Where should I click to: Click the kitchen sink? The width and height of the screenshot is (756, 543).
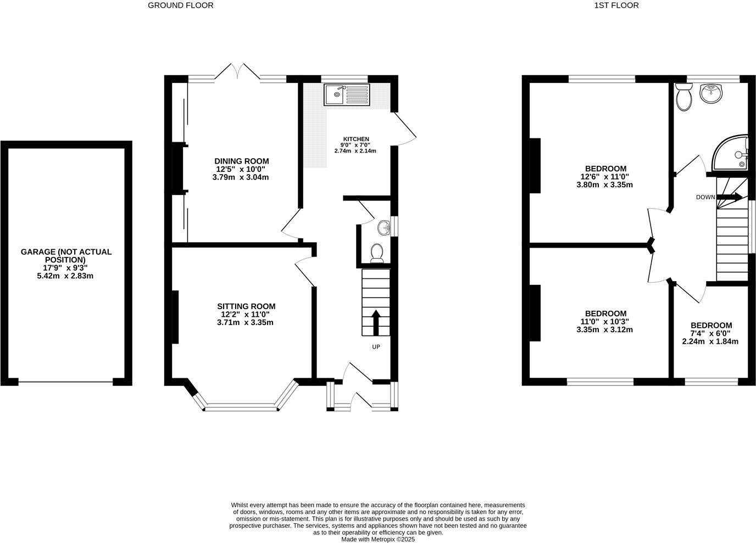pyautogui.click(x=347, y=94)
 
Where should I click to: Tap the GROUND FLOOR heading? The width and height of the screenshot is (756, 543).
pyautogui.click(x=181, y=5)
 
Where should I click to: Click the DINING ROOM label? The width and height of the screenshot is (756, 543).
pyautogui.click(x=241, y=161)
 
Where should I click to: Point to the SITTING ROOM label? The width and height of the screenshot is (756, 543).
pyautogui.click(x=246, y=306)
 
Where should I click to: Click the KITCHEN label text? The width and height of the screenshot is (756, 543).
pyautogui.click(x=356, y=139)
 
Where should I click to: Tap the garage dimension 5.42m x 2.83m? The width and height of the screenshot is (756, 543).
pyautogui.click(x=66, y=276)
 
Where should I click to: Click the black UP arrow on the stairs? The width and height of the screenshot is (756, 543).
pyautogui.click(x=376, y=323)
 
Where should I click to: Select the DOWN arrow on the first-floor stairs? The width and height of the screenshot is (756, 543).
pyautogui.click(x=729, y=197)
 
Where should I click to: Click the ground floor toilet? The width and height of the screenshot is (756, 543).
pyautogui.click(x=377, y=253)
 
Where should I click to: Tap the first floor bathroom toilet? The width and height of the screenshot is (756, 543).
pyautogui.click(x=683, y=98)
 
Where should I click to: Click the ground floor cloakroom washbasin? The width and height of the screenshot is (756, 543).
pyautogui.click(x=383, y=226)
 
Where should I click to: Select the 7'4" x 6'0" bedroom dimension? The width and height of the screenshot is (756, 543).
pyautogui.click(x=710, y=333)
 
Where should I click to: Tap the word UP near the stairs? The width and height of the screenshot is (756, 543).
pyautogui.click(x=376, y=347)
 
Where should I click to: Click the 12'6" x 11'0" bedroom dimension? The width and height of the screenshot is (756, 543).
pyautogui.click(x=604, y=177)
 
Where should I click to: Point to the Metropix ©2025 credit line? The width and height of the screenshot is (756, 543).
pyautogui.click(x=378, y=540)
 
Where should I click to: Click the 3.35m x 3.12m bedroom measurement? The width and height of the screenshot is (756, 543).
pyautogui.click(x=604, y=330)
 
